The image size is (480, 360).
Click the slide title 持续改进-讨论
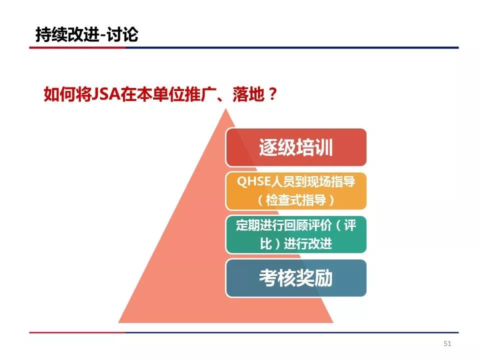click(87, 34)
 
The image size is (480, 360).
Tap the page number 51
click(447, 343)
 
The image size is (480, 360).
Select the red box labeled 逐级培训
click(296, 147)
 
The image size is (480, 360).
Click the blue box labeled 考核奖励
click(296, 278)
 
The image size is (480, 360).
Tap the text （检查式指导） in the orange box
click(296, 200)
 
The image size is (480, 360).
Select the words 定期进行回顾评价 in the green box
click(284, 225)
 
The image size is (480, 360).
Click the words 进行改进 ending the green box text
click(308, 244)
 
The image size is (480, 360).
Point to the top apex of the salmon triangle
click(226, 109)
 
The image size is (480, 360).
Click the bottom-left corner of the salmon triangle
click(118, 322)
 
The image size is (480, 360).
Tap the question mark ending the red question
click(271, 94)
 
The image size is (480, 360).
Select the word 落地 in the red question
click(248, 94)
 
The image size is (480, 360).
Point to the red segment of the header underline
click(77, 47)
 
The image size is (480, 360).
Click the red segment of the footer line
click(77, 332)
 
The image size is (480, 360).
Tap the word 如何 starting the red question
click(59, 94)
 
